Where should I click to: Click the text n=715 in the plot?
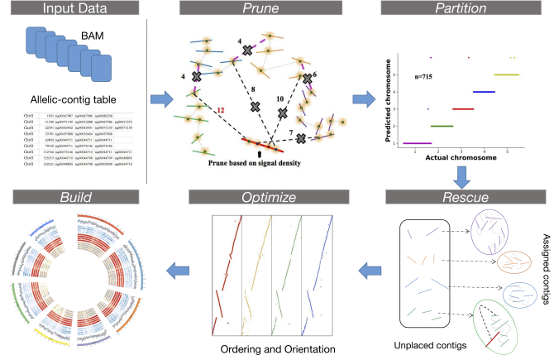(x=424, y=78)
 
